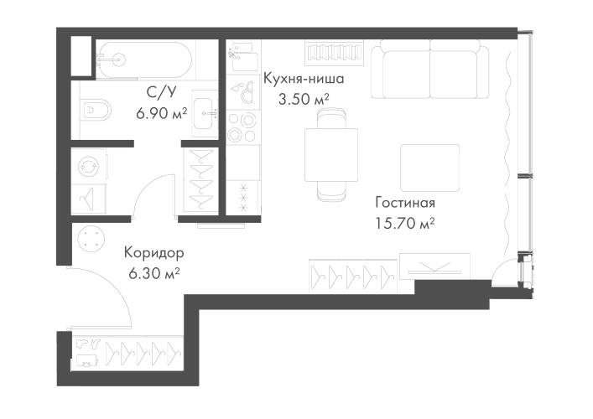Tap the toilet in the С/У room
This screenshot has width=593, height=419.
(96, 110)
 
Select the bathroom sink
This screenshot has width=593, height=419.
(203, 110)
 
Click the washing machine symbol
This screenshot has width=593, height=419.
(88, 166)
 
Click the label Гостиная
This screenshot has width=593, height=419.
(405, 204)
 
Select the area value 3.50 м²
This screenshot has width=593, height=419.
(303, 98)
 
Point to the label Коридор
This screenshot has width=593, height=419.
(153, 251)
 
